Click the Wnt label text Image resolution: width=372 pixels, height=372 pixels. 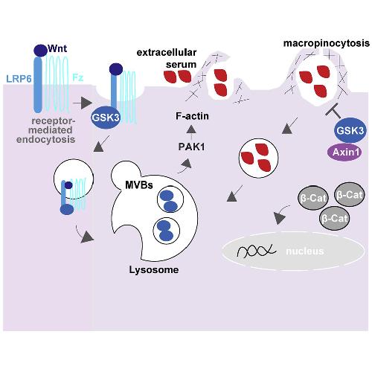[57, 48]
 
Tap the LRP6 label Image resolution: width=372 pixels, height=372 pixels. [19, 79]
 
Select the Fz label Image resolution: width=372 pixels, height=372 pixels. [77, 78]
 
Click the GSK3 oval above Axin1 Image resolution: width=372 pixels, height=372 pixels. [350, 130]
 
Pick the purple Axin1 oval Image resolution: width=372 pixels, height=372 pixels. [346, 152]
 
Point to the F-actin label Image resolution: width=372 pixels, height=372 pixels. [192, 116]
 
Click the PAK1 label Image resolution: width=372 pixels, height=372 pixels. [191, 147]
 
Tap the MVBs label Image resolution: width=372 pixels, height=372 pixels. [139, 185]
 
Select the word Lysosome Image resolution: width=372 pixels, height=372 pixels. [154, 270]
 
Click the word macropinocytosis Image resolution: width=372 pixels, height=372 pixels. [327, 43]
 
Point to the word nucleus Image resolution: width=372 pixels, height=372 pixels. [305, 251]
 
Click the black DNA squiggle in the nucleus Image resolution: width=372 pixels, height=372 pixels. [257, 251]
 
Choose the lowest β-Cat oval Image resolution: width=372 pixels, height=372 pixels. [335, 218]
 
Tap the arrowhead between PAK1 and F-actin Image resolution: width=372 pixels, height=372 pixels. [191, 129]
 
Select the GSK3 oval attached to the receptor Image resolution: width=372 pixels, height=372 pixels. [106, 117]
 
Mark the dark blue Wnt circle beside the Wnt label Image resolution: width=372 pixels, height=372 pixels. [40, 51]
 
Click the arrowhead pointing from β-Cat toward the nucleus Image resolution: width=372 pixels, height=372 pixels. [280, 219]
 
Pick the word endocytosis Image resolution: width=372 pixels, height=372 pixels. [45, 139]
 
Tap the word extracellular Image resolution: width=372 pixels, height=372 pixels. [167, 52]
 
